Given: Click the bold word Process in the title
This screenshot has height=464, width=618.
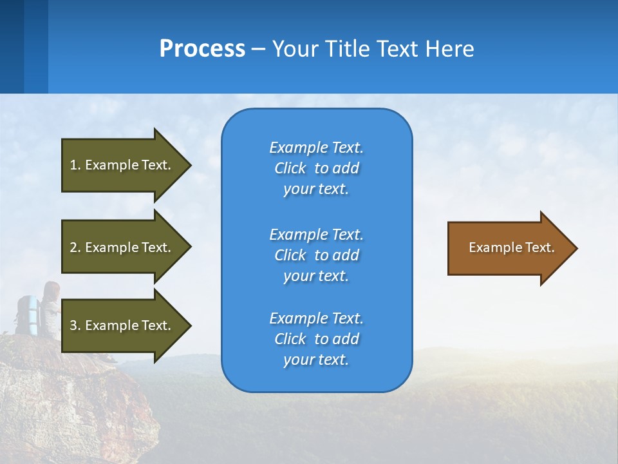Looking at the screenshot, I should [x=202, y=49].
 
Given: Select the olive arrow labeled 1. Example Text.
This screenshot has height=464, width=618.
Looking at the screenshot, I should [x=122, y=165].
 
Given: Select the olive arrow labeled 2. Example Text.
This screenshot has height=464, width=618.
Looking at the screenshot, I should [x=122, y=247].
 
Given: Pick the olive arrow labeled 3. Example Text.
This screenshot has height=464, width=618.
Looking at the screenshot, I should [x=122, y=325].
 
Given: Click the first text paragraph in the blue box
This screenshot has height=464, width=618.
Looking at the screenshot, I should [x=316, y=168].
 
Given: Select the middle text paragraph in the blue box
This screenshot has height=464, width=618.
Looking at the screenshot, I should [x=316, y=255].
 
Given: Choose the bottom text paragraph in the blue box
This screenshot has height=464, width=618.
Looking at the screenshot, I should [x=316, y=339].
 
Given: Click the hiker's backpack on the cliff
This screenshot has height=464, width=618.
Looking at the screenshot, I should [x=28, y=313].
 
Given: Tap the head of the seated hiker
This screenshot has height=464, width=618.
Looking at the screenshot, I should [x=51, y=289].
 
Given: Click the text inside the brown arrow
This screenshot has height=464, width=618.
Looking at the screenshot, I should [x=511, y=247].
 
